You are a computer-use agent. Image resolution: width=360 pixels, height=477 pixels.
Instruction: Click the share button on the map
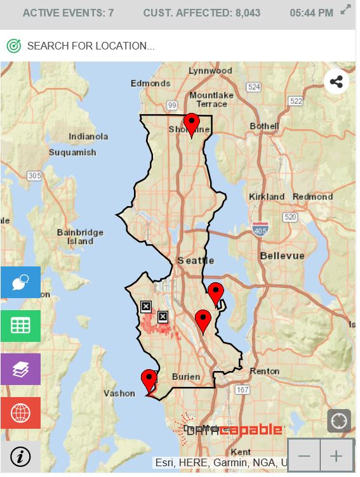coord(337,82)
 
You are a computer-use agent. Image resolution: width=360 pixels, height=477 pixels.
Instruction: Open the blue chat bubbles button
coord(20,282)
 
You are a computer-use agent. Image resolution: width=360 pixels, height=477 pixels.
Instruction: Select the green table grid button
coord(20,326)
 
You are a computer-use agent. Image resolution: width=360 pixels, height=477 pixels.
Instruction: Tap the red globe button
coord(20,413)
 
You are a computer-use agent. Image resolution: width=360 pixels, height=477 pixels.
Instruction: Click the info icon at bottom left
coord(20,457)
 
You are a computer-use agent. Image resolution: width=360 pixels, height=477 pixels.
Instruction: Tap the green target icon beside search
coord(14,46)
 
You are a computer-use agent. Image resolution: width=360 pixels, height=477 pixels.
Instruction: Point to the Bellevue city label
coord(282,256)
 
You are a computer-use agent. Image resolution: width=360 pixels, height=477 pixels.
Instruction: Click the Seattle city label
coord(196,261)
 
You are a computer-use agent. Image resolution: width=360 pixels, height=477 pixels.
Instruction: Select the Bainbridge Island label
coord(80,237)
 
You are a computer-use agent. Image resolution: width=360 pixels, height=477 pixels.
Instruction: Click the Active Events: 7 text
coord(68,13)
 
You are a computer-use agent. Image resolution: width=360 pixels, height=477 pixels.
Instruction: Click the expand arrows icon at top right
coord(345,10)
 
